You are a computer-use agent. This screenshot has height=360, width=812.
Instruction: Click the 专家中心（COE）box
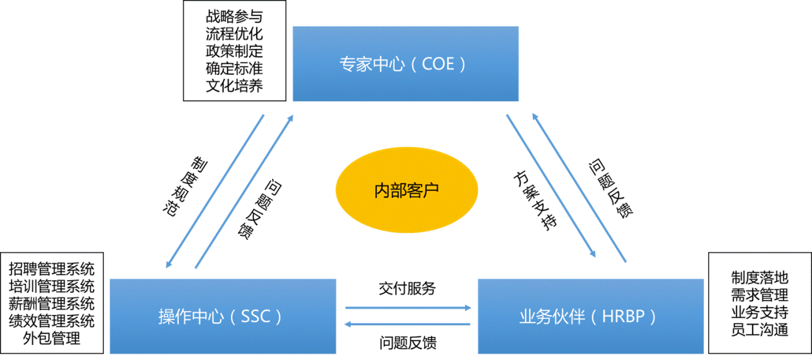click(x=406, y=64)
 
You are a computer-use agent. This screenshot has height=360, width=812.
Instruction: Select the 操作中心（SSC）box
click(x=223, y=316)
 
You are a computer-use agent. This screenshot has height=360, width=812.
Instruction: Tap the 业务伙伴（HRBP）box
click(x=590, y=316)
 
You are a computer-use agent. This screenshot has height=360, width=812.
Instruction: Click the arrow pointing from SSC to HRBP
click(x=408, y=308)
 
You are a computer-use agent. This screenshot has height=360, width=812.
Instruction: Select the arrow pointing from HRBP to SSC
click(x=408, y=324)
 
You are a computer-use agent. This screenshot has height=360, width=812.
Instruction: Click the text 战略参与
click(x=234, y=15)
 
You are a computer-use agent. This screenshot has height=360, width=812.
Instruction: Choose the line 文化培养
click(x=234, y=86)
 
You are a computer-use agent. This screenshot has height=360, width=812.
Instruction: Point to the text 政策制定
click(x=234, y=51)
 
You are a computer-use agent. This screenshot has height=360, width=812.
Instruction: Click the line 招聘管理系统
click(x=52, y=268)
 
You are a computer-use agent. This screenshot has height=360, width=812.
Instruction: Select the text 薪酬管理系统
click(x=52, y=303)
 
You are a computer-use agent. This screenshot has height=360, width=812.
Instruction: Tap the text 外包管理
click(x=52, y=338)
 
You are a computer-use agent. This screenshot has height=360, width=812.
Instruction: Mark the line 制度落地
click(x=760, y=278)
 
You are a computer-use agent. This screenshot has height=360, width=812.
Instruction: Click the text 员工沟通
click(x=760, y=330)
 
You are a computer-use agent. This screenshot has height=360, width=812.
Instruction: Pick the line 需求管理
click(x=760, y=295)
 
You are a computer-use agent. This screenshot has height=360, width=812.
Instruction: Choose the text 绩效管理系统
click(x=52, y=321)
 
